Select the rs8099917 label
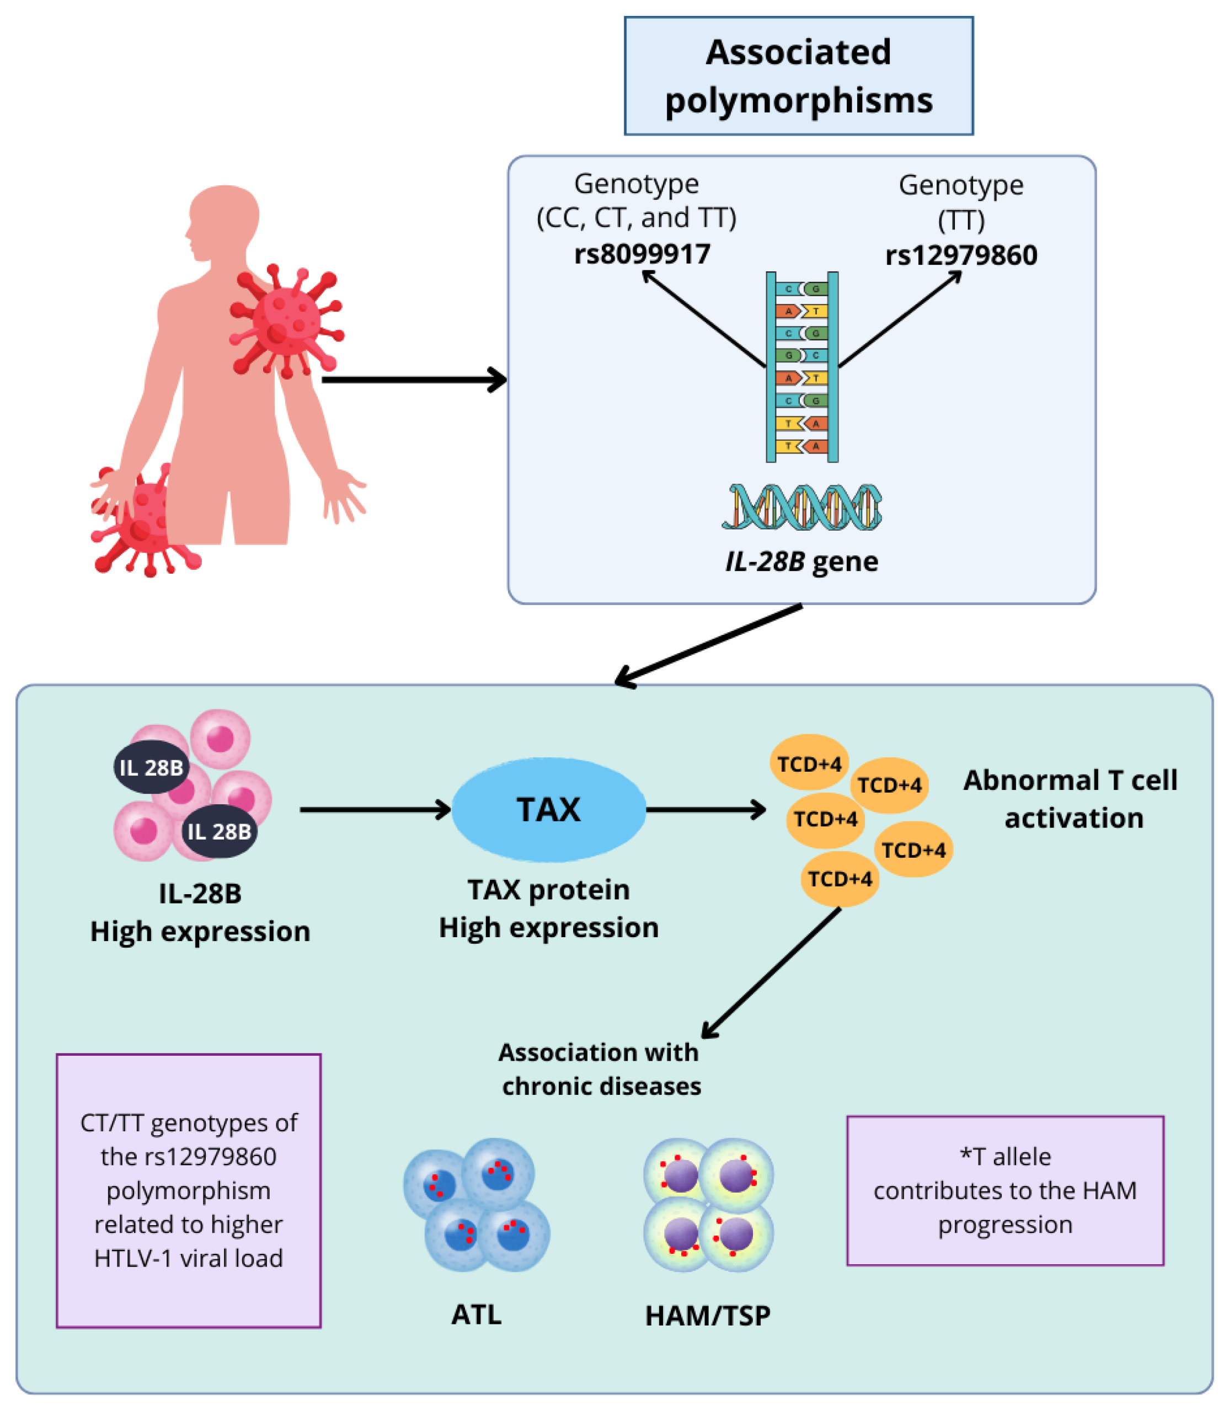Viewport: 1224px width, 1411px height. pyautogui.click(x=642, y=254)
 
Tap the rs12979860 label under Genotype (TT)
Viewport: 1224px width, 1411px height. pyautogui.click(x=960, y=255)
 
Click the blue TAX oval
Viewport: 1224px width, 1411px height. pyautogui.click(x=548, y=809)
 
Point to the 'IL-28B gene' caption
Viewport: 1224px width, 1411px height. pyautogui.click(x=801, y=562)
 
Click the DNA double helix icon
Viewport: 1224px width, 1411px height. pyautogui.click(x=801, y=507)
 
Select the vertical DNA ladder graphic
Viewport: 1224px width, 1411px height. pyautogui.click(x=802, y=367)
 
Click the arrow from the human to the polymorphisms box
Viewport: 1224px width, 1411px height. pyautogui.click(x=413, y=379)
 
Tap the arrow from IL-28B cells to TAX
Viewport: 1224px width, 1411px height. pyautogui.click(x=375, y=809)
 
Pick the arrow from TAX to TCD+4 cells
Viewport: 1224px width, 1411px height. pyautogui.click(x=705, y=809)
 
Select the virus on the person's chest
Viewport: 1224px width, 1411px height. pyautogui.click(x=286, y=321)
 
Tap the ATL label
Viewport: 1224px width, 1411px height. pyautogui.click(x=476, y=1314)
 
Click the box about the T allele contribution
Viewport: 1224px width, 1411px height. pyautogui.click(x=1005, y=1190)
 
